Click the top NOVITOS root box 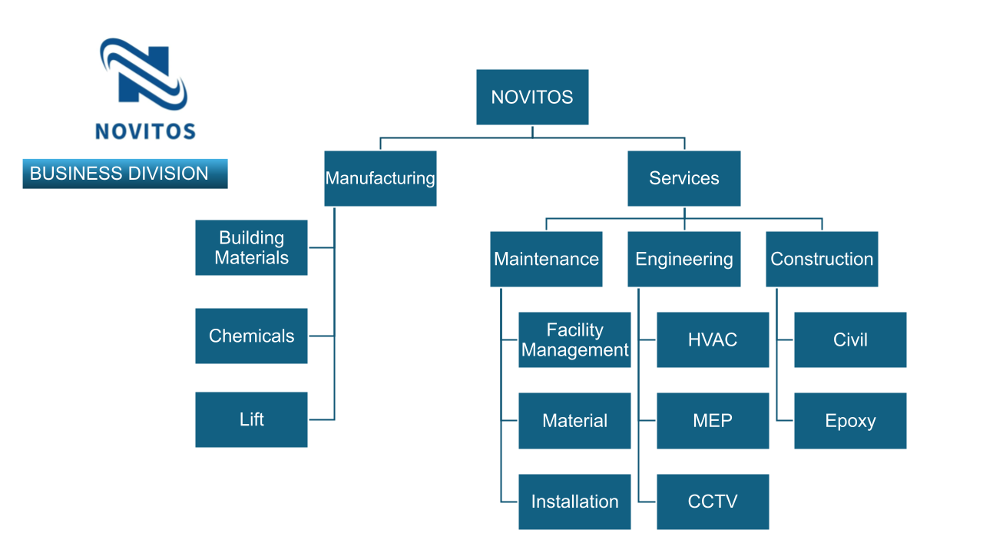click(x=532, y=97)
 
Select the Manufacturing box click(x=380, y=178)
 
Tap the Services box click(x=683, y=178)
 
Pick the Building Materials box click(x=251, y=247)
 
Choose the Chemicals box click(x=251, y=336)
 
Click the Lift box click(x=251, y=419)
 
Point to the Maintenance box click(x=546, y=259)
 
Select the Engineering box click(x=683, y=259)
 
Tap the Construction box click(x=822, y=259)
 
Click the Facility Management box click(x=574, y=339)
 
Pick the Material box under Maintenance click(x=574, y=421)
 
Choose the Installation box click(x=574, y=502)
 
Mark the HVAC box click(x=713, y=339)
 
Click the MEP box click(x=713, y=421)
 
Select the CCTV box click(x=713, y=502)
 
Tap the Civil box click(x=850, y=339)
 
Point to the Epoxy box click(x=850, y=421)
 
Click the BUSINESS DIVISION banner click(x=125, y=174)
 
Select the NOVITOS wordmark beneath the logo click(x=145, y=131)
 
